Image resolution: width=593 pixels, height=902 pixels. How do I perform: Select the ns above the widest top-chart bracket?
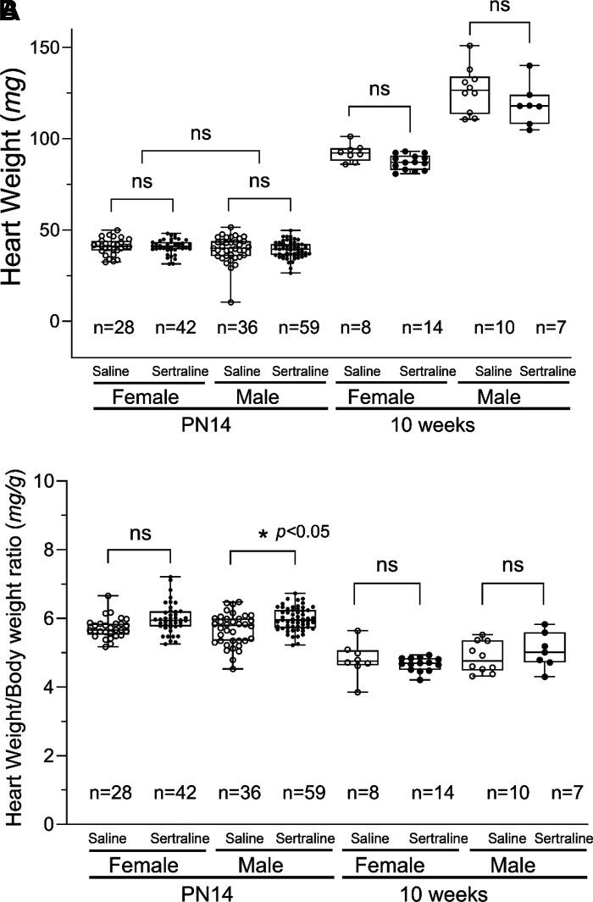click(199, 133)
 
